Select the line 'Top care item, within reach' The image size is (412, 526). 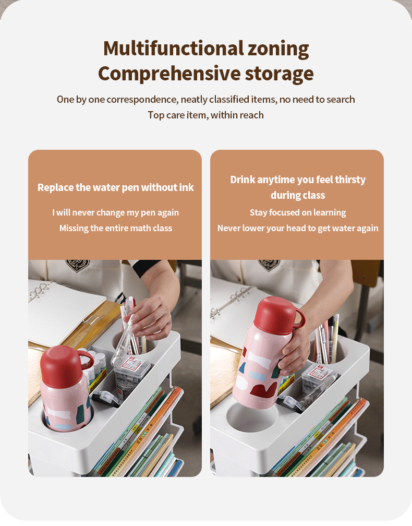point(205,115)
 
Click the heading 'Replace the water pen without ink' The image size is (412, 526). point(115,187)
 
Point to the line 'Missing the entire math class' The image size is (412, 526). point(115,228)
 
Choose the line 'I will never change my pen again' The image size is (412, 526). point(115,212)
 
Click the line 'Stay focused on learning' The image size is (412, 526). point(298,212)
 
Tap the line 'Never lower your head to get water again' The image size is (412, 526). point(298,228)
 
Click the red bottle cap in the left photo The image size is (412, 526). point(61,360)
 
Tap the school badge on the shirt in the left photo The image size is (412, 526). point(77,265)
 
